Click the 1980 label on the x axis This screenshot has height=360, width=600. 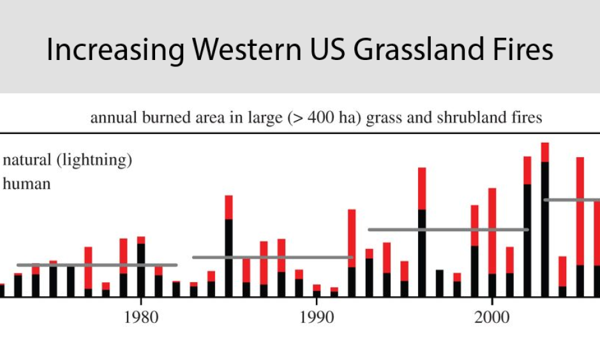pos(140,317)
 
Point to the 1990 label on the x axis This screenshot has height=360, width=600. pos(316,317)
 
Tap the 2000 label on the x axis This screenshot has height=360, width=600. pos(491,317)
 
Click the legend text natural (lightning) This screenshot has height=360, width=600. pos(67,160)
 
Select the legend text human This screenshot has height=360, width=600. pos(27,184)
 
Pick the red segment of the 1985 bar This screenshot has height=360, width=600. pos(229,207)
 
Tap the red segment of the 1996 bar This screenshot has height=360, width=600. pos(422,188)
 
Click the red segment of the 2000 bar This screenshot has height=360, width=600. pos(492,230)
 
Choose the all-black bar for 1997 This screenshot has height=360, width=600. pos(439,283)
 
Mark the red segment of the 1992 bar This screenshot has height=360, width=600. pos(352,238)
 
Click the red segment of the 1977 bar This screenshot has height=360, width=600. pos(88,267)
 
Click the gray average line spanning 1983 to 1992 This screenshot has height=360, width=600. pos(273,257)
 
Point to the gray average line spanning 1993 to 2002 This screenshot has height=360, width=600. pos(448,229)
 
